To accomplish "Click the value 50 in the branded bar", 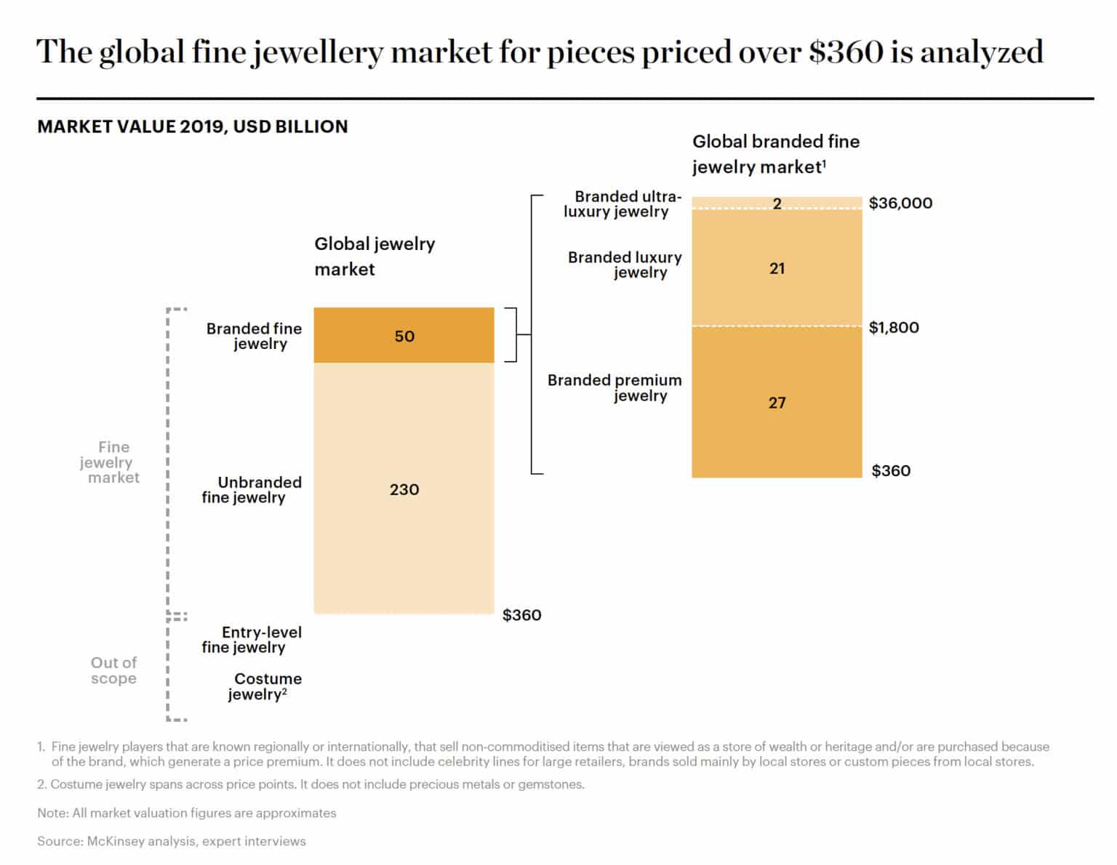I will pos(404,336).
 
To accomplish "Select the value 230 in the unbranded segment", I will pos(404,489).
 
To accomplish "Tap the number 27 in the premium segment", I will pos(777,403).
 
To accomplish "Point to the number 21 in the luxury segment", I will pos(777,268).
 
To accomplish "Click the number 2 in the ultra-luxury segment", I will pos(777,204).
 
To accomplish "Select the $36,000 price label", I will pos(900,203).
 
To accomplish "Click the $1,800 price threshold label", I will pos(894,327).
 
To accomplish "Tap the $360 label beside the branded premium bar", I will pos(891,470).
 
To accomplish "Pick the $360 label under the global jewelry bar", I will pos(521,615).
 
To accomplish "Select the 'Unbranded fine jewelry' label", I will pos(251,489).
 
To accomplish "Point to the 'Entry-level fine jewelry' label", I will pos(251,640).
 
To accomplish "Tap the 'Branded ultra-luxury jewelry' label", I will pos(622,204).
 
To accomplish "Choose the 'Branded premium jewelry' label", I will pos(614,387).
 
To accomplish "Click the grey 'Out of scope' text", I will pos(113,670).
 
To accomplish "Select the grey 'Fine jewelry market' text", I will pos(109,462).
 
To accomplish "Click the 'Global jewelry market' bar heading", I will pos(374,256).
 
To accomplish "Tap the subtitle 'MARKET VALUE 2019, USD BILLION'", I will pos(193,126).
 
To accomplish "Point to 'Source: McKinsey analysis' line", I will pos(172,841).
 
